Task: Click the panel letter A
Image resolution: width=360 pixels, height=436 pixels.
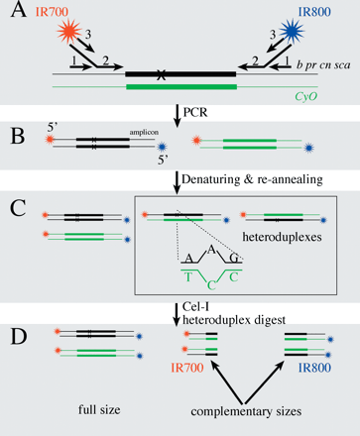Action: pos(16,21)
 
